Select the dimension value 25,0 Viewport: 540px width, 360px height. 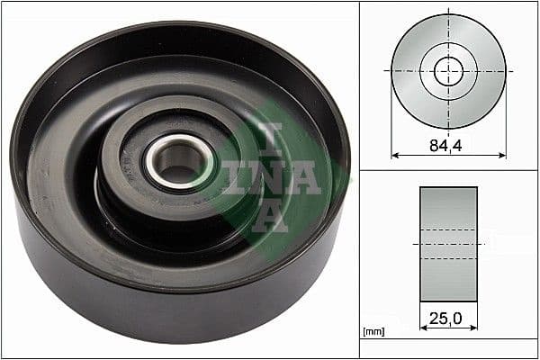[448, 318]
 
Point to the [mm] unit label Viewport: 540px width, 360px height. [373, 332]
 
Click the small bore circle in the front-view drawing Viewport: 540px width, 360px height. [448, 71]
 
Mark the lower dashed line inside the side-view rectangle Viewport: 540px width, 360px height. [448, 259]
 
